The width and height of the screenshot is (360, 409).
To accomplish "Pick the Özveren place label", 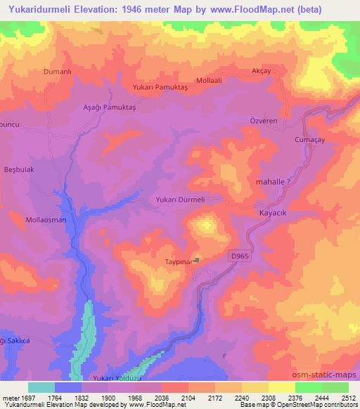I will [x=285, y=121].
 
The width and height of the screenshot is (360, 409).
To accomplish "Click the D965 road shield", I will [x=240, y=258].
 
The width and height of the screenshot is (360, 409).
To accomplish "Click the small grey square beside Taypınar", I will [x=198, y=260].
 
